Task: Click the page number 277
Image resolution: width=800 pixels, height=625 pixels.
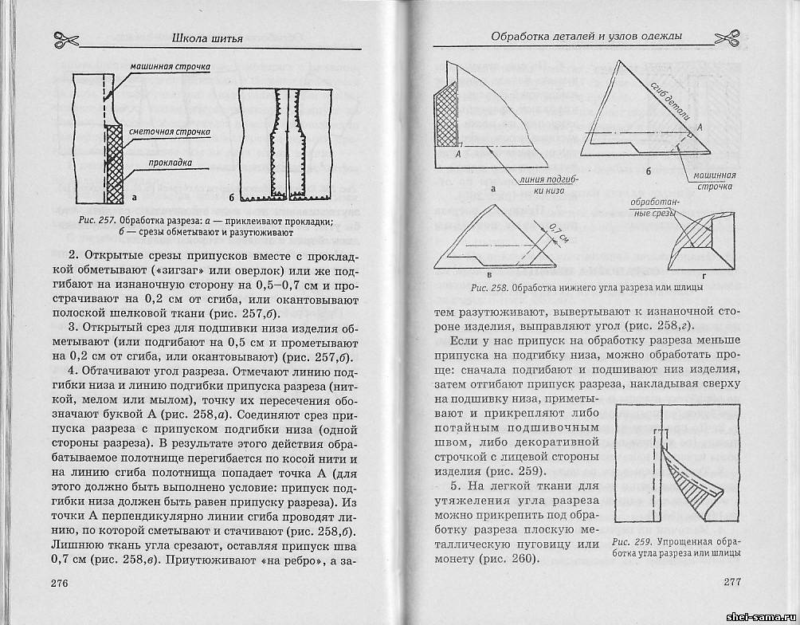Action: (x=732, y=582)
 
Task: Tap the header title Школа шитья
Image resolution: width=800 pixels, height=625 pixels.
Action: (x=206, y=36)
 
